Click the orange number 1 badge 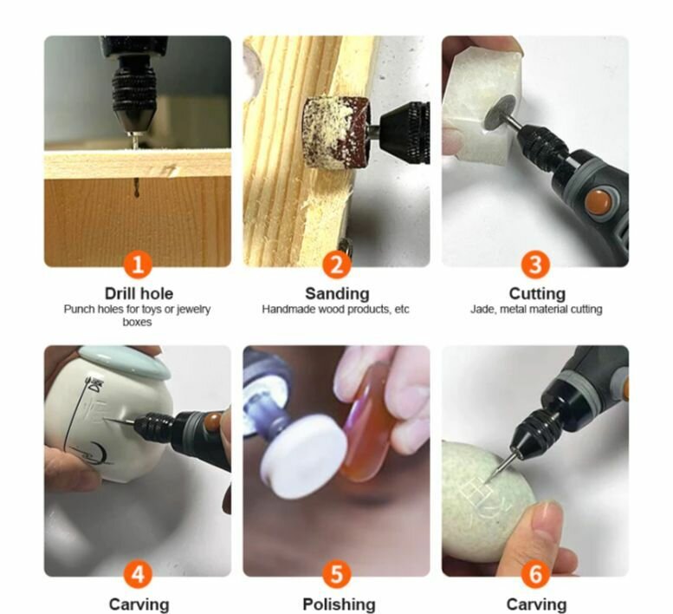[138, 264]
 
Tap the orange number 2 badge [337, 264]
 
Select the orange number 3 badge [535, 264]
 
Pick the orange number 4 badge [138, 574]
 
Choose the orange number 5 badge [337, 574]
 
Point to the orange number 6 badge [535, 574]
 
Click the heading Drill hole [139, 293]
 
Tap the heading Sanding [337, 294]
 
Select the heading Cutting [537, 294]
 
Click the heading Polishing [339, 604]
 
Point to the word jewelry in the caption [193, 310]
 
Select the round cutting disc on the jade [498, 113]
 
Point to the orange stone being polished [368, 421]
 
